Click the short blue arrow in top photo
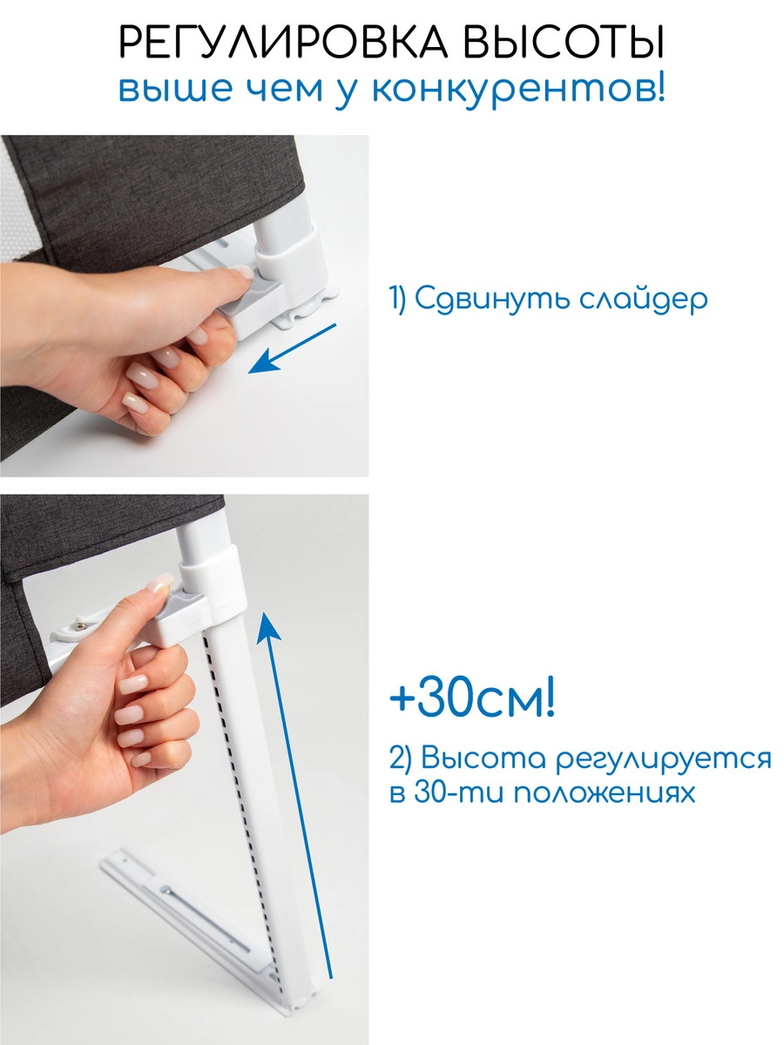(x=293, y=347)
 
